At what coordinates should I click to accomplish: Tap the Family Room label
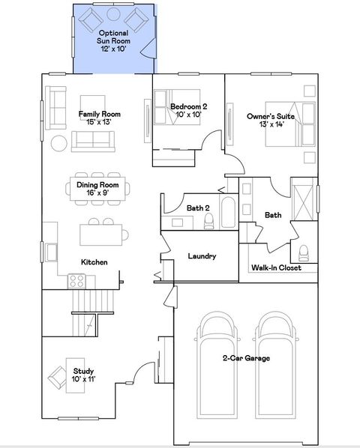pos(100,114)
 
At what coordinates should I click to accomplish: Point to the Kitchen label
pos(94,262)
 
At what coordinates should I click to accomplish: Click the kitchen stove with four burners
pos(77,281)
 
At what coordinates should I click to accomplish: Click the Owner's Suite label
pos(270,116)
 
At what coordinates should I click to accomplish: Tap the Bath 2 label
pos(197,207)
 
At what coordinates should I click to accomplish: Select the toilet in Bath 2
pos(209,220)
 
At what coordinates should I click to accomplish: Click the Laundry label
pos(202,256)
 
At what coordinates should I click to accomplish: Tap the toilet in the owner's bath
pos(304,251)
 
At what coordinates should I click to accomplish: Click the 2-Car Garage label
pos(246,359)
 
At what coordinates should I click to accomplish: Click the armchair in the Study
pos(57,376)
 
